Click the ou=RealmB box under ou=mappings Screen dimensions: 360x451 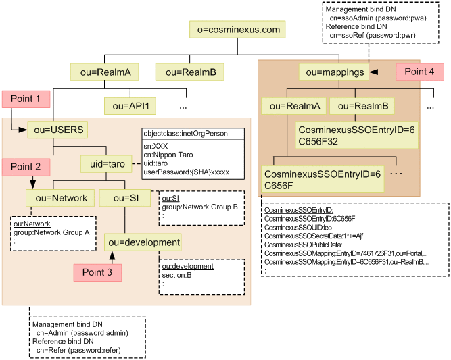362,106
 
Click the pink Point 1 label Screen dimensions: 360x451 29,99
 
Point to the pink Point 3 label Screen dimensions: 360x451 97,272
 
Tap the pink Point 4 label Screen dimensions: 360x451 420,71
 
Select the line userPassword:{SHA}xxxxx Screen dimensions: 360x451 186,172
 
